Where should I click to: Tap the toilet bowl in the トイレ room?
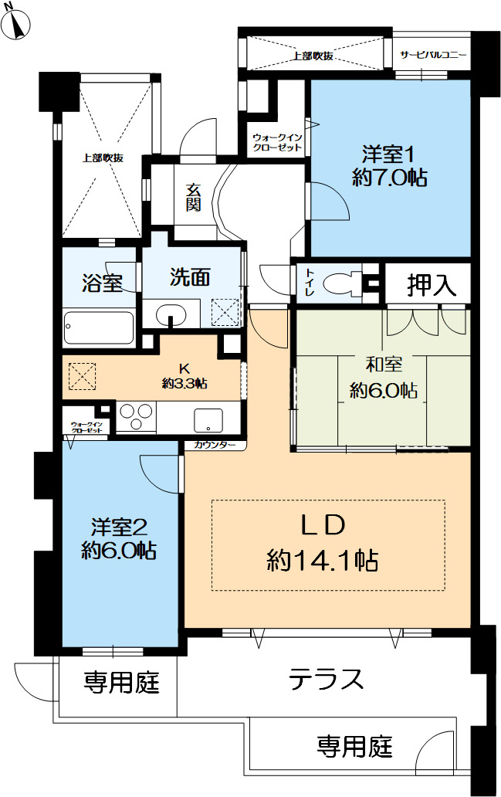[x=341, y=283]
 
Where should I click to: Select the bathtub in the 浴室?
[x=99, y=327]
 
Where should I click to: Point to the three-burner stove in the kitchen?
[x=136, y=417]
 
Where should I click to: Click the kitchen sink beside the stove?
[x=208, y=420]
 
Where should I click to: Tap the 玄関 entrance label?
[x=193, y=198]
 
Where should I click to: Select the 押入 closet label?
[x=431, y=285]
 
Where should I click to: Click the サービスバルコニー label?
[x=433, y=55]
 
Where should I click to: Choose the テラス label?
[x=326, y=679]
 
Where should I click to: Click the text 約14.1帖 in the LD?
[x=323, y=561]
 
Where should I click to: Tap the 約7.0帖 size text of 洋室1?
[x=390, y=178]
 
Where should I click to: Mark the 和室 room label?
[x=384, y=365]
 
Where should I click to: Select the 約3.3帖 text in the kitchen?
[x=184, y=384]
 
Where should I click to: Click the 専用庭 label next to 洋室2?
[x=121, y=682]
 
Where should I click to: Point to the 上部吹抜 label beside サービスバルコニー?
[x=313, y=56]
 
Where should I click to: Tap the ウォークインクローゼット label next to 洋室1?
[x=277, y=142]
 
